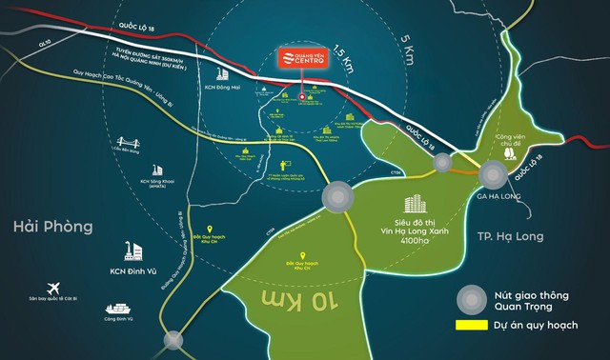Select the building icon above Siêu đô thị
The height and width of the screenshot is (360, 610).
click(x=410, y=206)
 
